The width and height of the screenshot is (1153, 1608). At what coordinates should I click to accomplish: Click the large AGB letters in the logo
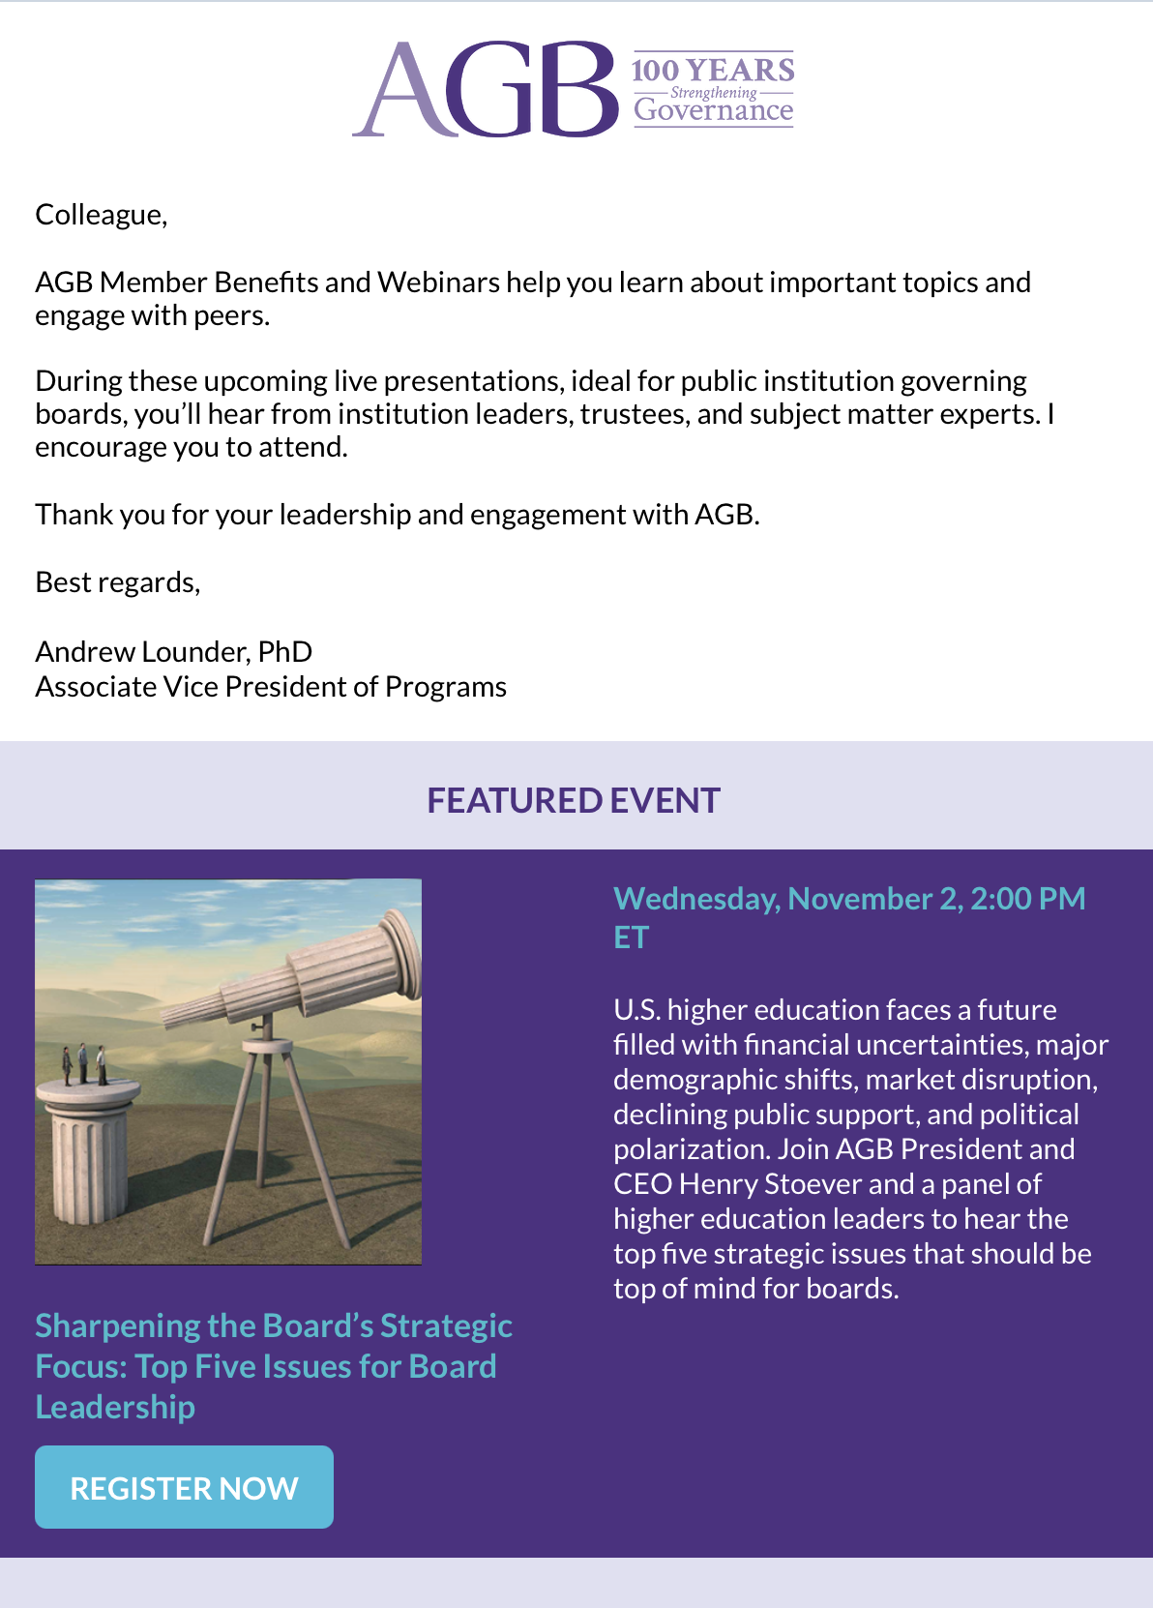[485, 89]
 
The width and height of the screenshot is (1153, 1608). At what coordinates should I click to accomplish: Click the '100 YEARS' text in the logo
[713, 71]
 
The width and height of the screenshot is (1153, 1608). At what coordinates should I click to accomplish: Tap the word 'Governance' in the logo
[713, 110]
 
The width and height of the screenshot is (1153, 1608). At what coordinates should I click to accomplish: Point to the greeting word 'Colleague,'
[102, 215]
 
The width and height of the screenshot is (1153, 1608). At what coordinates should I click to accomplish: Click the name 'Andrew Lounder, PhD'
[174, 652]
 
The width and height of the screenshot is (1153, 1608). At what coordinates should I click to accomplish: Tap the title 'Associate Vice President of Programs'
[271, 687]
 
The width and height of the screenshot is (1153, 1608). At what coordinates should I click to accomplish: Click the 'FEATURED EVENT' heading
[574, 800]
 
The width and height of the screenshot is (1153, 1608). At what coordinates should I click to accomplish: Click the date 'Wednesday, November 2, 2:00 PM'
[849, 899]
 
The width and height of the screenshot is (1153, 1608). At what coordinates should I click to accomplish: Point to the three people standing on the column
[84, 1064]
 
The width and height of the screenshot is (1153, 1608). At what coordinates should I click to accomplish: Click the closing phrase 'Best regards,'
[118, 582]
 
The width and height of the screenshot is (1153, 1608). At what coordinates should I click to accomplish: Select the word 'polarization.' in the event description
[692, 1149]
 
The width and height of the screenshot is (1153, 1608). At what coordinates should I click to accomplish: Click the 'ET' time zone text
[632, 938]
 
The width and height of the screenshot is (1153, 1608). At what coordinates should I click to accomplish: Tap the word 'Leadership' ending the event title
[115, 1408]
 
